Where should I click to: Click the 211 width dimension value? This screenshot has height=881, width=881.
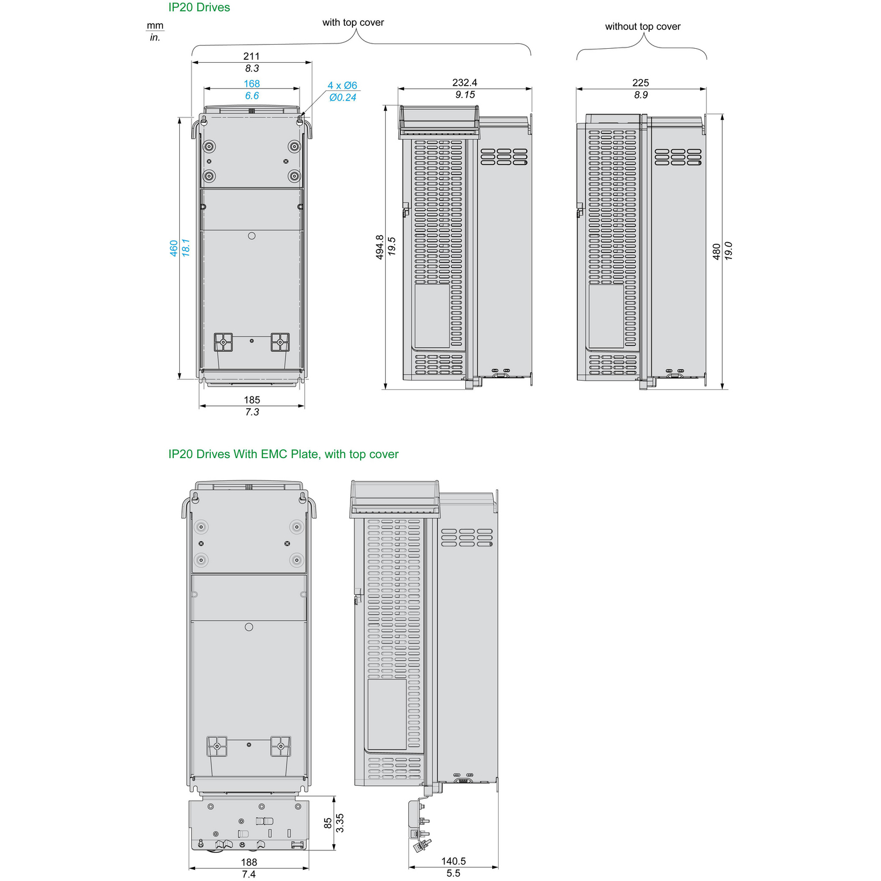tap(251, 56)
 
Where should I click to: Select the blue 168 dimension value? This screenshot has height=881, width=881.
tap(252, 84)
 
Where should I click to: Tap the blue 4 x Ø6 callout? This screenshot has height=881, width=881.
tap(342, 86)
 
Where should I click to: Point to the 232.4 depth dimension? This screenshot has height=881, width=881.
tap(465, 83)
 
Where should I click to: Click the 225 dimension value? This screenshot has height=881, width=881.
tap(641, 83)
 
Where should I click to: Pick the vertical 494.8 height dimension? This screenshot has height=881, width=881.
tap(380, 247)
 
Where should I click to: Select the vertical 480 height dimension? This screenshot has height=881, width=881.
tap(717, 251)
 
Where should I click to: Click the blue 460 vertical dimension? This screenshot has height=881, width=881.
tap(174, 248)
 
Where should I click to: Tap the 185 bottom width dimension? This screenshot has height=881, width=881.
tap(252, 400)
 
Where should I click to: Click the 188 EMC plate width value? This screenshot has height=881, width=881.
tap(249, 862)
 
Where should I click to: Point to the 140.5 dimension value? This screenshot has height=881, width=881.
tap(453, 861)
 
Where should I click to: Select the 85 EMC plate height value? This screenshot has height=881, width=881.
tap(328, 823)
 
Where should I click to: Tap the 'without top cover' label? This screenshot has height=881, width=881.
tap(643, 26)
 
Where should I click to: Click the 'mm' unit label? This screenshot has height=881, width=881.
tap(155, 25)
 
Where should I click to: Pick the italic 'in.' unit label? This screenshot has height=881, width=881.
tap(155, 38)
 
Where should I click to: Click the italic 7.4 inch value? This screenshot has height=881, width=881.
tap(249, 874)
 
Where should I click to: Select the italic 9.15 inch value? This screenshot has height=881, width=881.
tap(465, 95)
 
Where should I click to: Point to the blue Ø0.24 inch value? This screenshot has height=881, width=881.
tap(343, 97)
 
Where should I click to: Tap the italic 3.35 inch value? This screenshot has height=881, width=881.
tap(339, 823)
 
